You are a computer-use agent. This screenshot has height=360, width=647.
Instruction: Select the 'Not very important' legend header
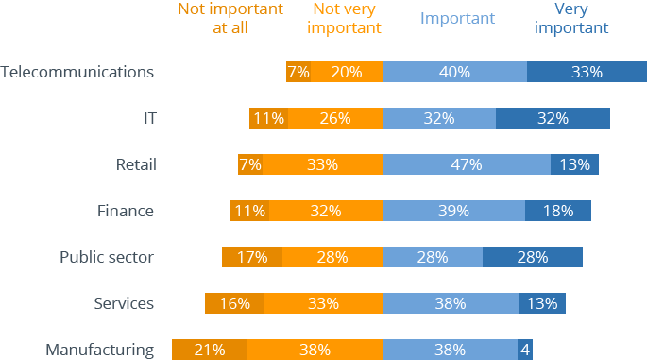click(x=346, y=18)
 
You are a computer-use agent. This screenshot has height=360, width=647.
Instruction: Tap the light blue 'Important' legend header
click(x=457, y=18)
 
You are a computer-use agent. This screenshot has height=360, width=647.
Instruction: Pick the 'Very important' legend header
click(x=571, y=18)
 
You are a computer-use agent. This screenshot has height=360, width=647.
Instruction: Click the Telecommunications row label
click(x=77, y=72)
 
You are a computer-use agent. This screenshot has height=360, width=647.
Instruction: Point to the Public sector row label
click(x=106, y=257)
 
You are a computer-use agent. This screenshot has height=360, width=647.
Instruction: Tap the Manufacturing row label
click(x=99, y=350)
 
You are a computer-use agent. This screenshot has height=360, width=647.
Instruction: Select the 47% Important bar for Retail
click(x=467, y=164)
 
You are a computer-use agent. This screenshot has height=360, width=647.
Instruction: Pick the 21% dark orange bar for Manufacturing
click(x=210, y=350)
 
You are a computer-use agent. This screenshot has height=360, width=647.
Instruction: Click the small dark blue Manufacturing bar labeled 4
click(x=524, y=350)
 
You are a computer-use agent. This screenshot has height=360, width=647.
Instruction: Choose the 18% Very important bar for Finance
click(x=558, y=211)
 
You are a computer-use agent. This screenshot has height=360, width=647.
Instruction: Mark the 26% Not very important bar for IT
click(x=335, y=118)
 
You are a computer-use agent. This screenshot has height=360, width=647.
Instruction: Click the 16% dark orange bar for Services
click(x=234, y=303)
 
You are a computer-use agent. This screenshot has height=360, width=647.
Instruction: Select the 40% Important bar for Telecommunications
click(x=455, y=72)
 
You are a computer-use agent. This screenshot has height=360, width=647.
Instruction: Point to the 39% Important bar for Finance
click(x=454, y=211)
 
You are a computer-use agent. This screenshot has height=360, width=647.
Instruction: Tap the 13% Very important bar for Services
click(x=542, y=303)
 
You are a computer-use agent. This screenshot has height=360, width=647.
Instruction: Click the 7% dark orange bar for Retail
click(x=249, y=164)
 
